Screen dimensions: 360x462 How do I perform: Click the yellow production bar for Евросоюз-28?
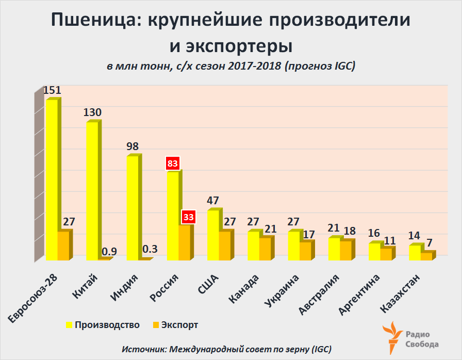(52, 181)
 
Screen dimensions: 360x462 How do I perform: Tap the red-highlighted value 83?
(172, 164)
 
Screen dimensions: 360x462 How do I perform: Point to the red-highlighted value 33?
(188, 217)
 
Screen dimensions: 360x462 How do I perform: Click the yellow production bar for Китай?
(92, 191)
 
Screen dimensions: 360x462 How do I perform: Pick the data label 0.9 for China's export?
(109, 252)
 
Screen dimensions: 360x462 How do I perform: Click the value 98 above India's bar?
(132, 146)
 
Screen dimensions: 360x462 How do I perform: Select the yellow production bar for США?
(213, 235)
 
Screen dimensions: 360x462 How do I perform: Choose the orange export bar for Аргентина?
(386, 254)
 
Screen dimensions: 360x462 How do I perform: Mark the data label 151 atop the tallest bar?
(52, 90)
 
